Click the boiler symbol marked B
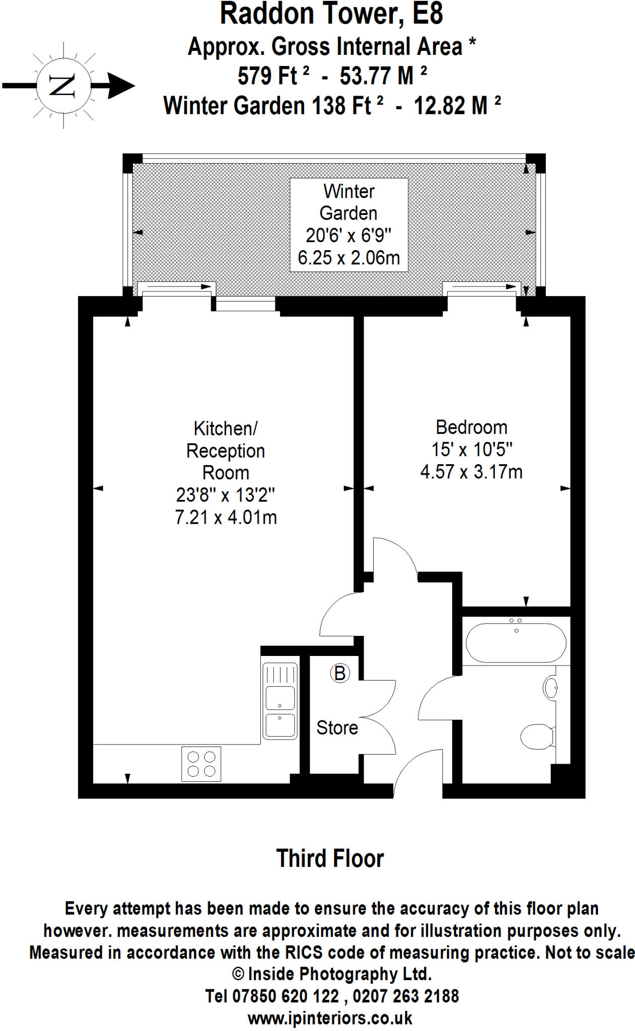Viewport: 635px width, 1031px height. click(340, 673)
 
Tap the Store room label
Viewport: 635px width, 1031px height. click(337, 727)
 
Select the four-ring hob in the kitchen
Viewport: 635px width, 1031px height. click(201, 764)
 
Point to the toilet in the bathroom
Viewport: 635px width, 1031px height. click(537, 737)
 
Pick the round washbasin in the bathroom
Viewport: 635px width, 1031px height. click(550, 688)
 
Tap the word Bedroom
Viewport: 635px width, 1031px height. click(471, 427)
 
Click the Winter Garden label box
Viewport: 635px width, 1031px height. click(348, 225)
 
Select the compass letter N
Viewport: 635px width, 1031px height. click(63, 86)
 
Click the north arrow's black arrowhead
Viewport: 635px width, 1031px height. click(121, 86)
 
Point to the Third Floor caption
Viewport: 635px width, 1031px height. click(330, 858)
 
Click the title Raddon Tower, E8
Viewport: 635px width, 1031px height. click(331, 14)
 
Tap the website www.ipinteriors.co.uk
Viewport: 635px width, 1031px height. click(330, 1018)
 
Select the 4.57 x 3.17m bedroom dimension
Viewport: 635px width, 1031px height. click(471, 472)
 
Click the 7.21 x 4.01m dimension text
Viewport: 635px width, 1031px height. click(226, 518)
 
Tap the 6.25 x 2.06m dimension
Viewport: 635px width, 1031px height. click(348, 258)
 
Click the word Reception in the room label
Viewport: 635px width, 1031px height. click(226, 451)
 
